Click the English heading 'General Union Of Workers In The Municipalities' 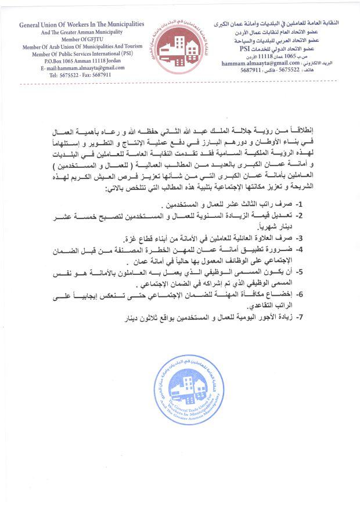(82, 26)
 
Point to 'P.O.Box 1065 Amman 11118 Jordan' (81, 60)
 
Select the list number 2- (299, 216)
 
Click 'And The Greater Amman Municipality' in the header (81, 32)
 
